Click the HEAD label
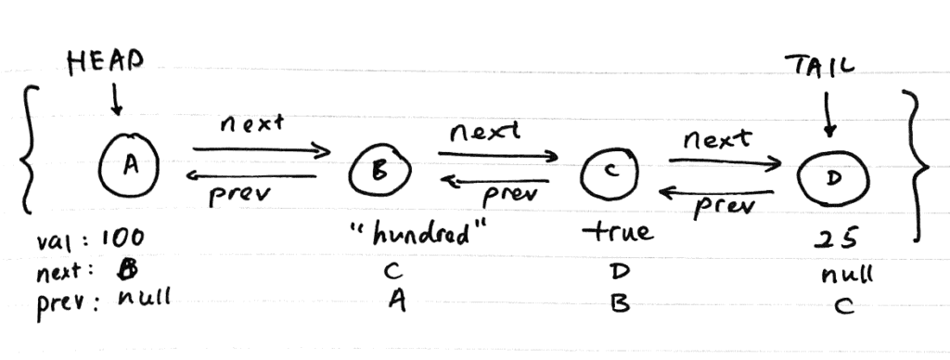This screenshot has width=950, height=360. click(x=105, y=62)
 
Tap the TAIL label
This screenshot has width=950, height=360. click(x=819, y=67)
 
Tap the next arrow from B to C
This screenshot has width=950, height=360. click(x=499, y=156)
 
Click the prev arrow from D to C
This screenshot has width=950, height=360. click(x=715, y=193)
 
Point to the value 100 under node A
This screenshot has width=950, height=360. click(x=121, y=243)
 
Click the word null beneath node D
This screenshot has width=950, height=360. click(x=847, y=275)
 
